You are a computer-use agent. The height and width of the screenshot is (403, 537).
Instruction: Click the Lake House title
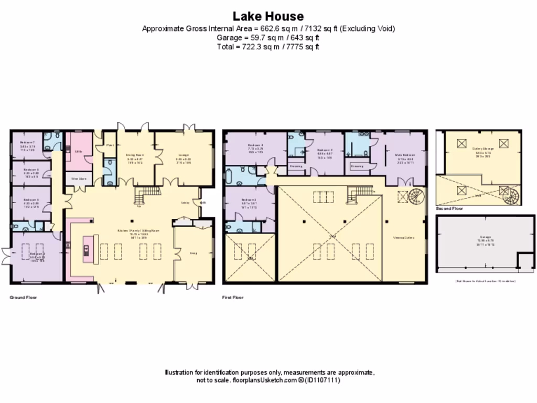(268, 16)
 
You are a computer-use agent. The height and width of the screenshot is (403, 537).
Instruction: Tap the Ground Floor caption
(23, 298)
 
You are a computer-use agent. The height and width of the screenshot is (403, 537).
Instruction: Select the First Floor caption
(233, 298)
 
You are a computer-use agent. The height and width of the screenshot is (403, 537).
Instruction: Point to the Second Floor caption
(449, 209)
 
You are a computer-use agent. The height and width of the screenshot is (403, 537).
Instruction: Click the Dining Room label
(135, 155)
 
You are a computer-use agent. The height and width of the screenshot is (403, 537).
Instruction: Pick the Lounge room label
(183, 155)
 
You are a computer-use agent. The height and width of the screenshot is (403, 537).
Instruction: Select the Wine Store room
(79, 178)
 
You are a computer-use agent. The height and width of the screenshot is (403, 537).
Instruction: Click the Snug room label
(192, 253)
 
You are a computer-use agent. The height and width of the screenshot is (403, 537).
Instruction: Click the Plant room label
(110, 145)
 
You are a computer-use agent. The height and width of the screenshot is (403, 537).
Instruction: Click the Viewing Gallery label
(404, 237)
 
